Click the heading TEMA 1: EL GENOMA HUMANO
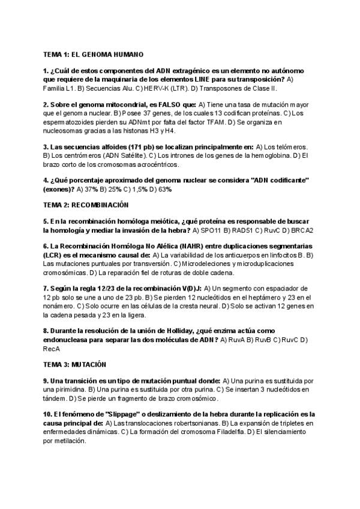93,53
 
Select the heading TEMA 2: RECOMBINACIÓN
82,205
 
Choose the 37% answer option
91,189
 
